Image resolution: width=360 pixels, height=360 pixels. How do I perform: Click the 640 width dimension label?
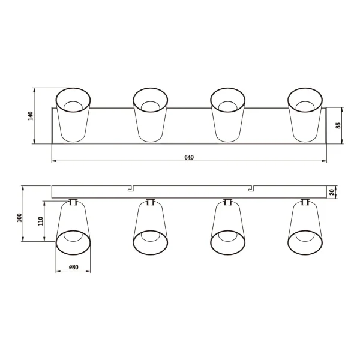[x=188, y=157]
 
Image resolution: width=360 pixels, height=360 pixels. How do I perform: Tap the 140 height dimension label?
[x=31, y=116]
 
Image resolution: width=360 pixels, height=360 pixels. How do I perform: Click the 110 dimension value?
[x=41, y=221]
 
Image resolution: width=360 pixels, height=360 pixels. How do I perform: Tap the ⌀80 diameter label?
[x=73, y=267]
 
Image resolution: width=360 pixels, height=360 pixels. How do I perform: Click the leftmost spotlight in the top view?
[x=73, y=115]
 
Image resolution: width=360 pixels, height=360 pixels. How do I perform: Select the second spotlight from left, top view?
[x=151, y=115]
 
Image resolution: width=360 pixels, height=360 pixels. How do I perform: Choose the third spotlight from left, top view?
[x=228, y=115]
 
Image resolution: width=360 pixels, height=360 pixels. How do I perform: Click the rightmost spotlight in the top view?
[x=305, y=115]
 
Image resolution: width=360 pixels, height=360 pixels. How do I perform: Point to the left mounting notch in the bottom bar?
[x=130, y=188]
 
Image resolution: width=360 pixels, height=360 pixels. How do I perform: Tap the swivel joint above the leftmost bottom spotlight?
[x=73, y=202]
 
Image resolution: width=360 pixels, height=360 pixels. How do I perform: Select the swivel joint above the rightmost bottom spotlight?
[x=305, y=202]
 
